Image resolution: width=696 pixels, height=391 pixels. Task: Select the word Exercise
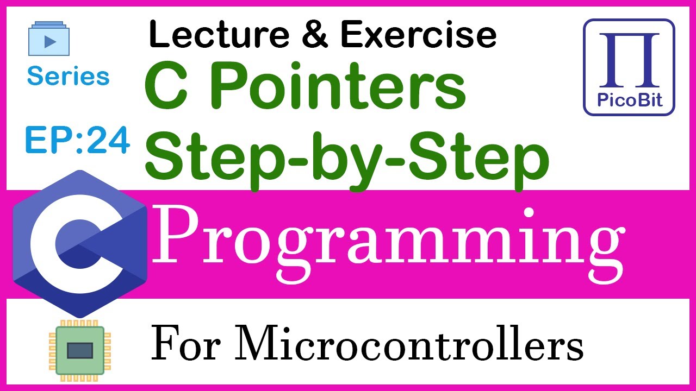pos(418,35)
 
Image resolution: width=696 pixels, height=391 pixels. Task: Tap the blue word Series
pos(68,76)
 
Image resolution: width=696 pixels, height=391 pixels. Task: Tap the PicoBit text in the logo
pos(629,101)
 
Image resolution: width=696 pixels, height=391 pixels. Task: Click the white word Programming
pos(388,237)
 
